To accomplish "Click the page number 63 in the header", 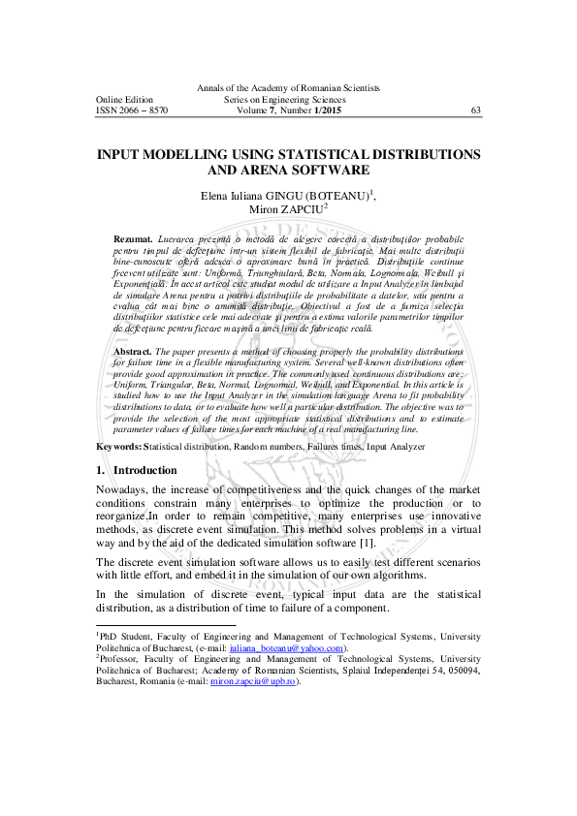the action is point(475,110).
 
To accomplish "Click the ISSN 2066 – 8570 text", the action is point(132,110).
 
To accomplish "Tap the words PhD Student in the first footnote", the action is point(125,636).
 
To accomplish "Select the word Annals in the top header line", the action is point(225,88).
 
